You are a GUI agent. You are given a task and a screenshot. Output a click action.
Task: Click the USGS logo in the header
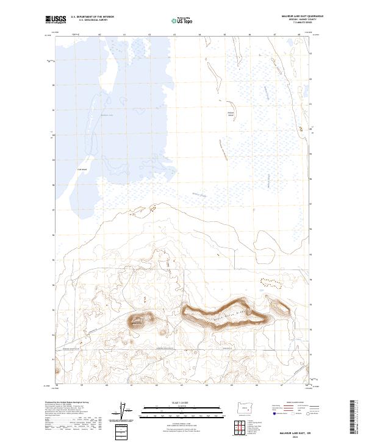click(57, 20)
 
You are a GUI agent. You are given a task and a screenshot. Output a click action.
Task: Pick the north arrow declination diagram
click(125, 412)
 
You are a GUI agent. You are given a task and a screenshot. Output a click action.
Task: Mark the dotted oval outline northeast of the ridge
click(269, 283)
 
